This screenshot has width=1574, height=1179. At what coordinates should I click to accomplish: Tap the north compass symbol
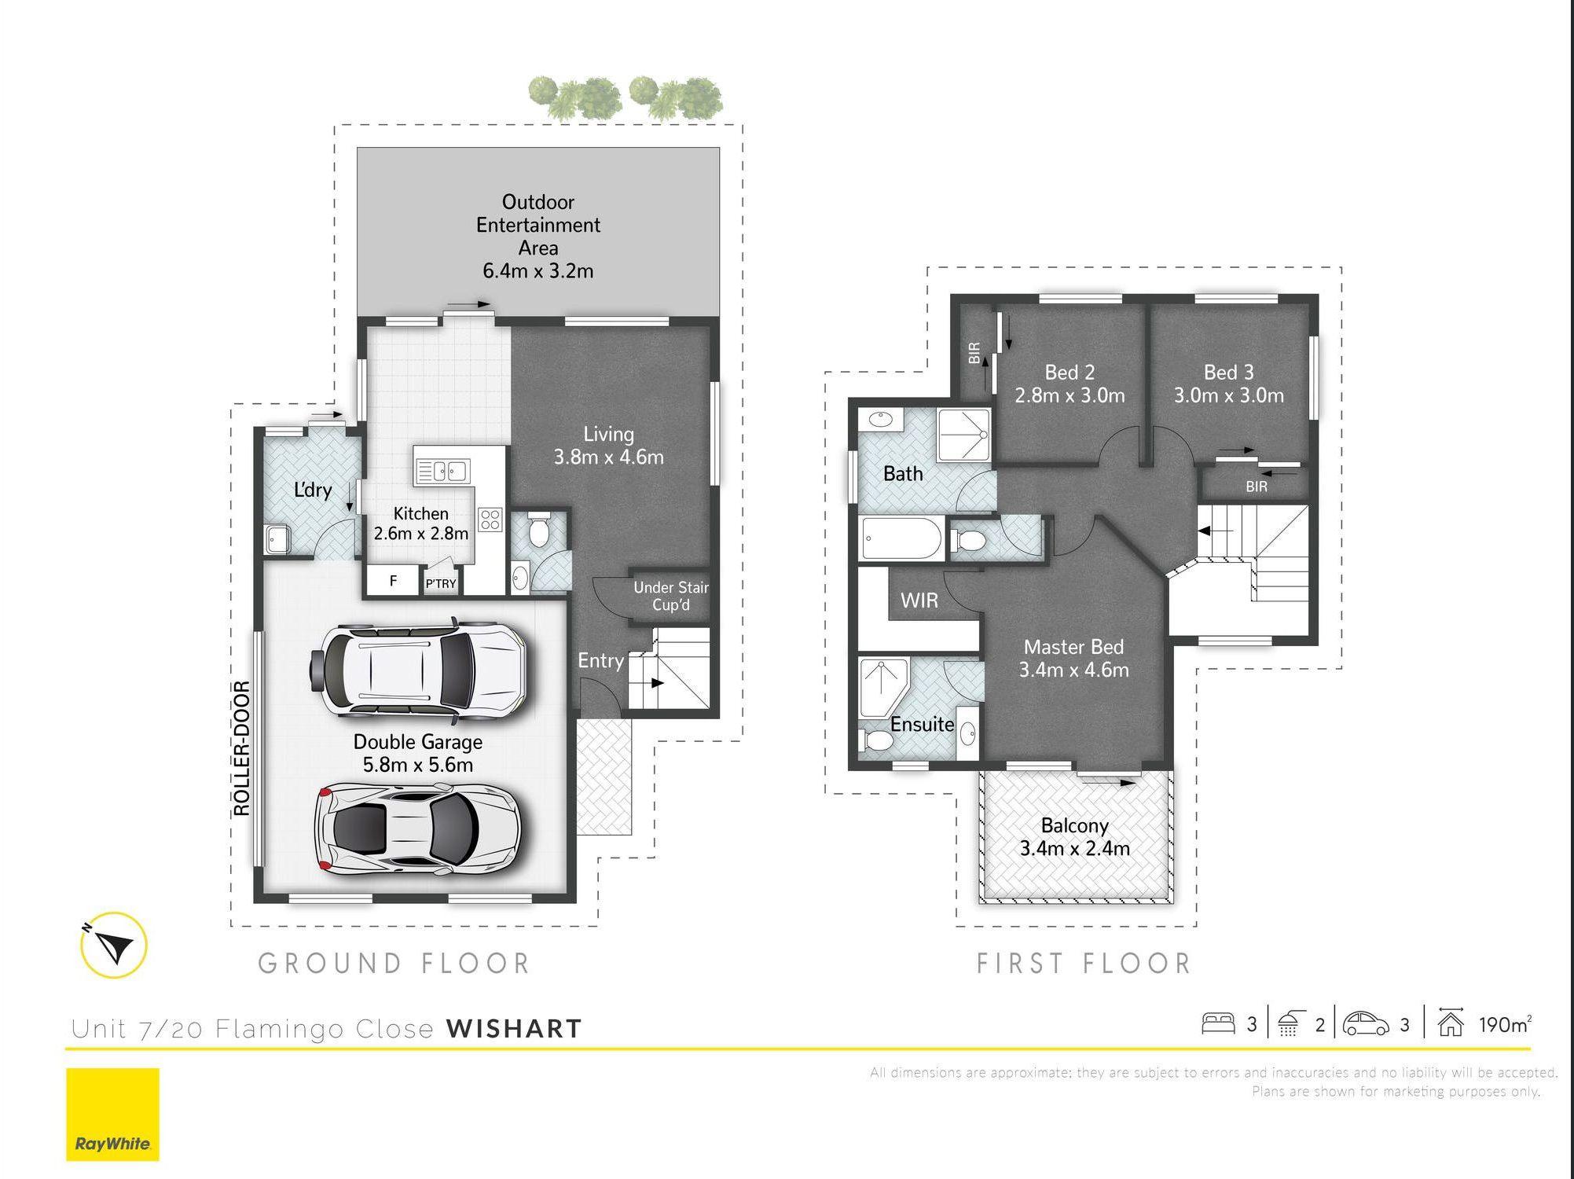point(114,945)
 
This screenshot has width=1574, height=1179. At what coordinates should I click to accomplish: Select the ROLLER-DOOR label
point(242,748)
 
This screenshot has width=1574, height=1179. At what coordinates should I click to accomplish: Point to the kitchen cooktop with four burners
point(490,520)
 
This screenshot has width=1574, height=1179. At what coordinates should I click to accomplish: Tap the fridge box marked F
point(393,581)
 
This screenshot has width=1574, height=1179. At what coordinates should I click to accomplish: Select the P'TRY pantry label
point(441,583)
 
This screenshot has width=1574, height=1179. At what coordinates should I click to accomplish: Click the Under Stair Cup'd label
point(671,596)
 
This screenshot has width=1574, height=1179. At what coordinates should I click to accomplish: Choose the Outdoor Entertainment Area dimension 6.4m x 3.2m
point(538,271)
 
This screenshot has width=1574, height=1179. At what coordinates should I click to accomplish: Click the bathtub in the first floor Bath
point(902,538)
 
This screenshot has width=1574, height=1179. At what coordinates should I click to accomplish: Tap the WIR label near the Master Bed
point(919,601)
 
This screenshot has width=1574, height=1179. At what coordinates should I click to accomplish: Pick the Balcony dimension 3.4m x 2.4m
point(1074,849)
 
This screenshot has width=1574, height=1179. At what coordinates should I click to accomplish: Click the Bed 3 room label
point(1228,372)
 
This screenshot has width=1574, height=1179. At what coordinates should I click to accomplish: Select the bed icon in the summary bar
point(1218,1023)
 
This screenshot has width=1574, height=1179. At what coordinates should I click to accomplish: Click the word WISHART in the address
point(514,1028)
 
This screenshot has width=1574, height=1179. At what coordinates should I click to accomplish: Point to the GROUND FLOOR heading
point(394,964)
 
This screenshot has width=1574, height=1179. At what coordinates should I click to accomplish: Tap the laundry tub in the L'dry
point(277,538)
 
